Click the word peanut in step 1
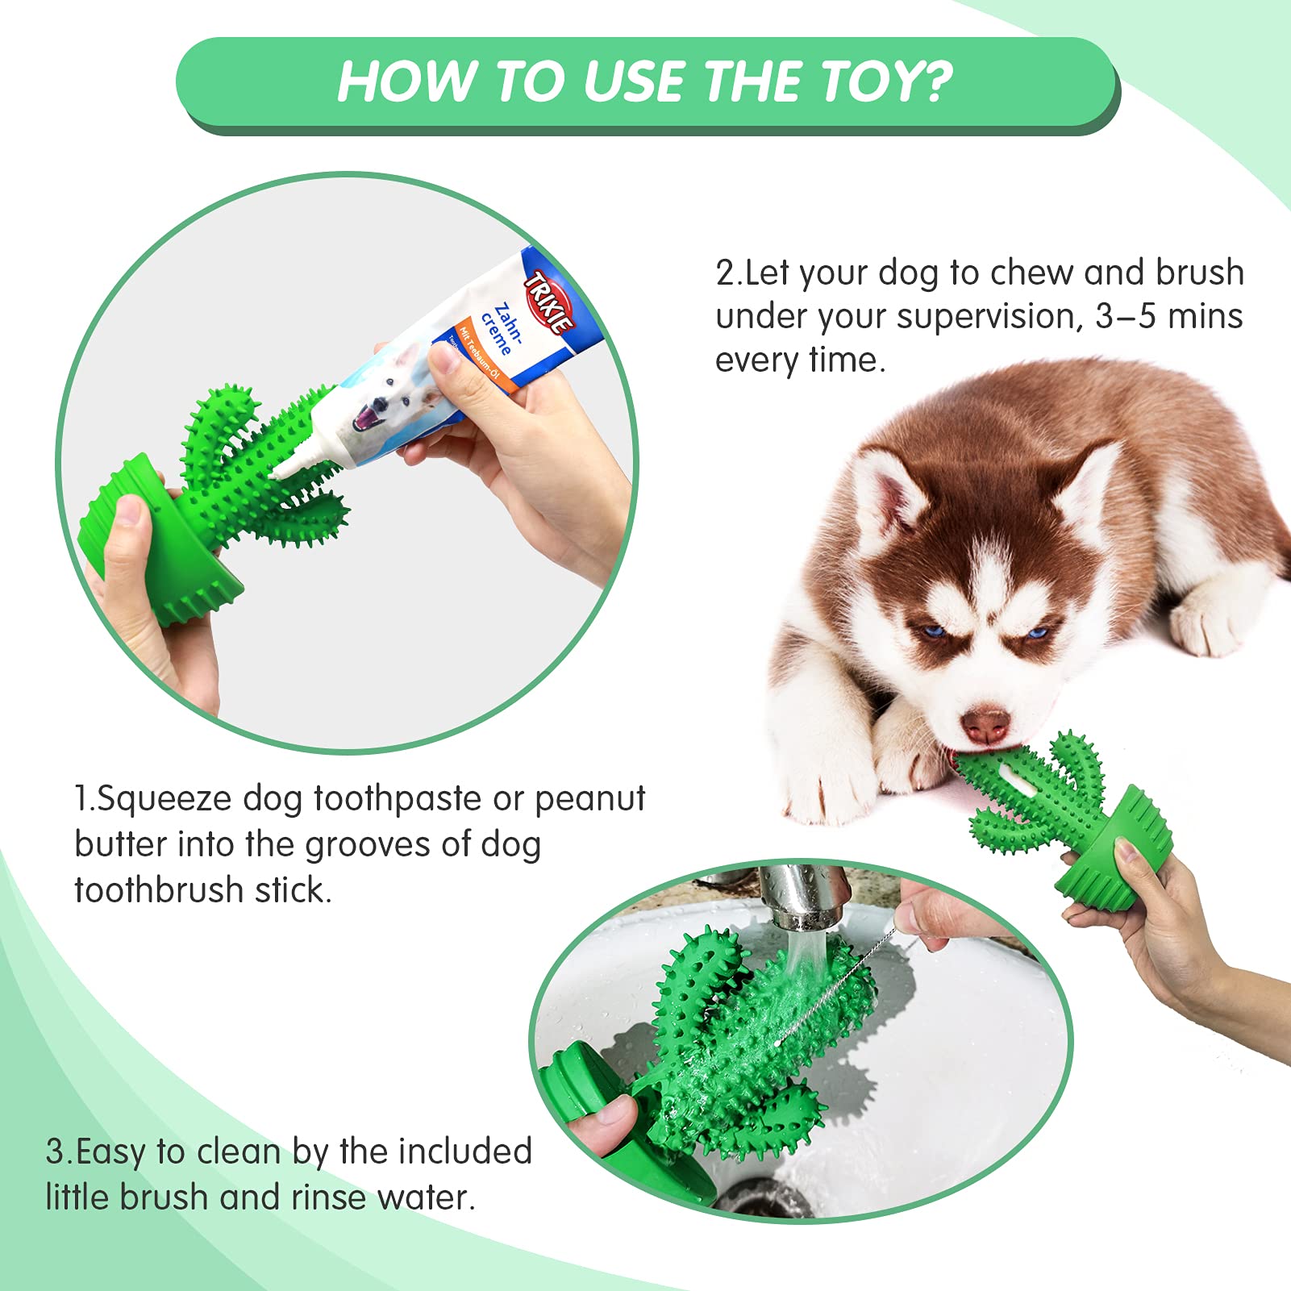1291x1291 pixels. pos(589,799)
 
